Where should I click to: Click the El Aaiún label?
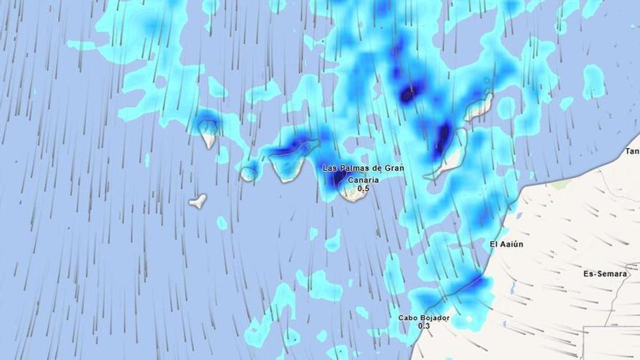pyautogui.click(x=506, y=244)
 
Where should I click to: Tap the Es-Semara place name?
pyautogui.click(x=605, y=274)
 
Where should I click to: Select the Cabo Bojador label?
pyautogui.click(x=423, y=318)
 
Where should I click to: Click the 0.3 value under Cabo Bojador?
pyautogui.click(x=423, y=326)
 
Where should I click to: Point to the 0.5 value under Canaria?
pyautogui.click(x=363, y=188)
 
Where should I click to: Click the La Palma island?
pyautogui.click(x=208, y=133)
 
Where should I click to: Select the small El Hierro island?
pyautogui.click(x=198, y=201)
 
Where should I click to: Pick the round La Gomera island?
pyautogui.click(x=247, y=174)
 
